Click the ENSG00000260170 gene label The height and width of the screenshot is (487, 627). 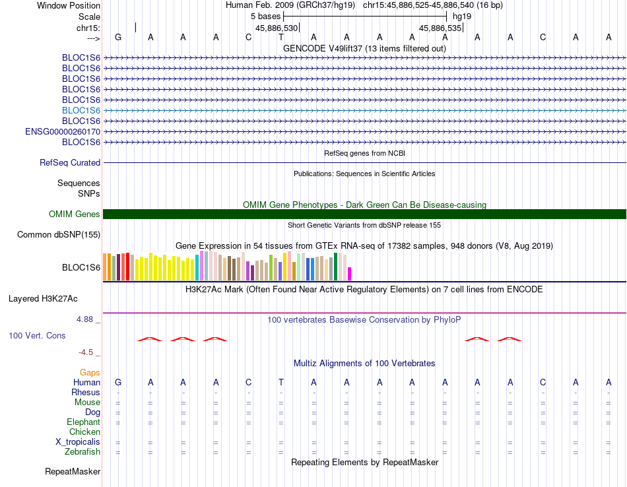pyautogui.click(x=63, y=131)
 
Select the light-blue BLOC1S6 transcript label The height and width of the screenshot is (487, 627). pyautogui.click(x=81, y=110)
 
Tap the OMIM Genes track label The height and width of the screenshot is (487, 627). pyautogui.click(x=75, y=214)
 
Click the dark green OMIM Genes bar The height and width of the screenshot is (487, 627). pyautogui.click(x=364, y=214)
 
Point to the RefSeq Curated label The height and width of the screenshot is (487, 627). pyautogui.click(x=70, y=163)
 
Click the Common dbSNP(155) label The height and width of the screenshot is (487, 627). pyautogui.click(x=59, y=235)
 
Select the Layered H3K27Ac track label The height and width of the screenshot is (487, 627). pyautogui.click(x=43, y=299)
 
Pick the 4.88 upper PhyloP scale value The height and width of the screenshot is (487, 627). pyautogui.click(x=84, y=319)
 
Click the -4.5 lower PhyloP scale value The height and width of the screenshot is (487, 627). pyautogui.click(x=86, y=352)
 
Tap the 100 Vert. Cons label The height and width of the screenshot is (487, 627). pyautogui.click(x=37, y=335)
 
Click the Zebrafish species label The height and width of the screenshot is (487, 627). pyautogui.click(x=82, y=452)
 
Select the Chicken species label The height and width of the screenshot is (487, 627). pyautogui.click(x=84, y=432)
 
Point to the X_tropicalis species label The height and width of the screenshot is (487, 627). pyautogui.click(x=78, y=442)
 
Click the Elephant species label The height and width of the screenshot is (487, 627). pyautogui.click(x=84, y=422)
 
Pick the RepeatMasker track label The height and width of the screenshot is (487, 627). pyautogui.click(x=73, y=471)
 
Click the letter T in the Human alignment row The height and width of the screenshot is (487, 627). pyautogui.click(x=281, y=382)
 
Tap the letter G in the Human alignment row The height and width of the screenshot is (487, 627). pyautogui.click(x=118, y=382)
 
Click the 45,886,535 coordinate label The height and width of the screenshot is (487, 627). pyautogui.click(x=440, y=28)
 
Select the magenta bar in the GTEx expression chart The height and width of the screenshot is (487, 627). pyautogui.click(x=350, y=274)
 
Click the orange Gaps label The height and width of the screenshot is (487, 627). pyautogui.click(x=90, y=373)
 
